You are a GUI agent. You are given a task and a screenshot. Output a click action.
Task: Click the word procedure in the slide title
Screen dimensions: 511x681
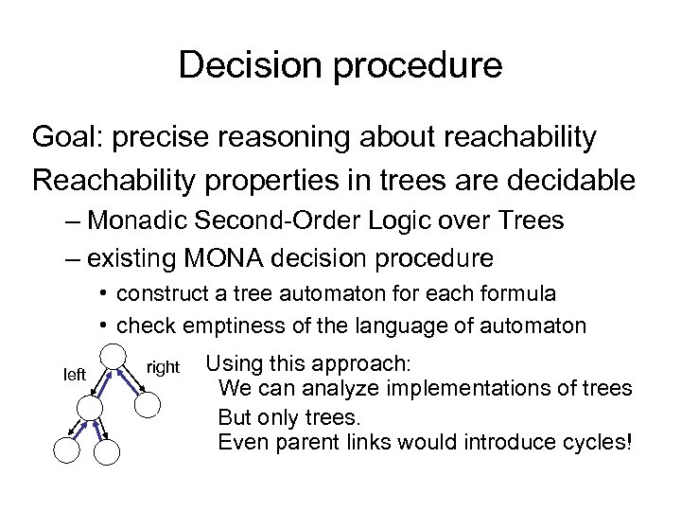click(410, 67)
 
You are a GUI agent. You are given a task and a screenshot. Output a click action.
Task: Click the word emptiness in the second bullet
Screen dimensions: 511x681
click(229, 326)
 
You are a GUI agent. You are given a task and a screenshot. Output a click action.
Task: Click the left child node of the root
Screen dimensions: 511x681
click(90, 407)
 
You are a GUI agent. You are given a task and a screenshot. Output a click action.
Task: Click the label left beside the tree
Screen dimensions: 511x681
click(74, 375)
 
